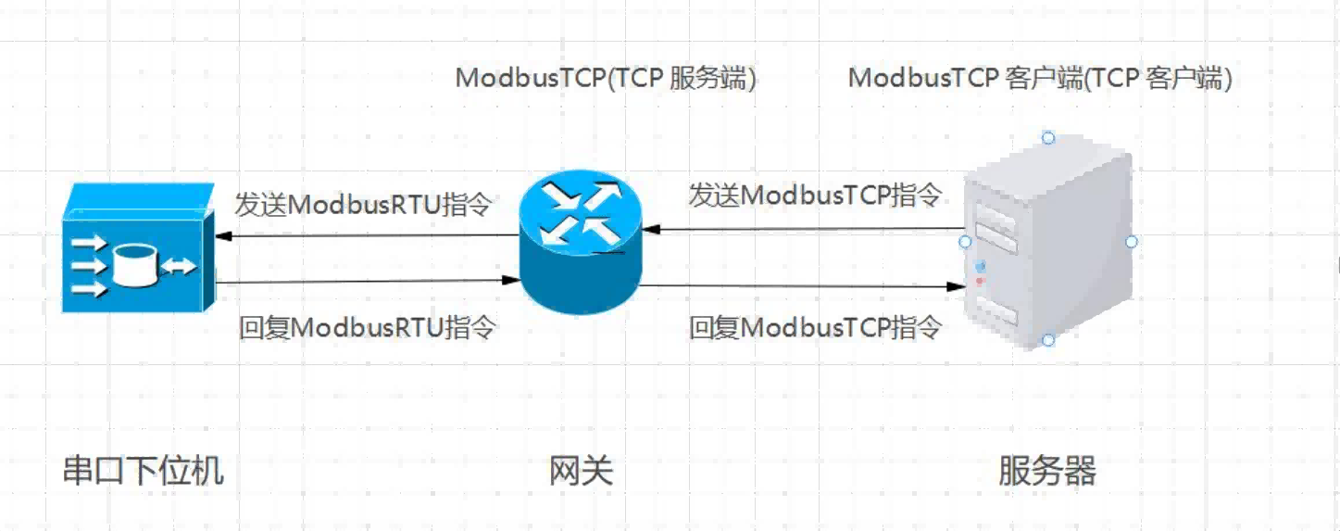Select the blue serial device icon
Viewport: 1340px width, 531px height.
tap(137, 248)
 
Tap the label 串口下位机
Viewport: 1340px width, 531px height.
tap(143, 471)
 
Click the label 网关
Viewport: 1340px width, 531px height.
tap(581, 472)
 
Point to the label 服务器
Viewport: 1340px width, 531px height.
tap(1047, 471)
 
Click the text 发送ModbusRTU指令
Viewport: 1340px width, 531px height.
tap(362, 204)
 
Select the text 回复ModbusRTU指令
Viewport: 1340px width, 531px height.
tap(368, 327)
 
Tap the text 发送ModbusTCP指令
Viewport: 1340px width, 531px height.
tap(815, 196)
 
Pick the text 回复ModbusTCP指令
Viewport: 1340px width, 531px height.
tap(815, 327)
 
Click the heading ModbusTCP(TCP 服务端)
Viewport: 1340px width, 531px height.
tap(606, 79)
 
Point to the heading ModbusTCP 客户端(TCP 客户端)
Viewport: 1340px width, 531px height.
tap(1040, 79)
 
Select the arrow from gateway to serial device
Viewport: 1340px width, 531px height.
tap(366, 235)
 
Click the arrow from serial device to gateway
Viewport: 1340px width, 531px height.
tap(366, 280)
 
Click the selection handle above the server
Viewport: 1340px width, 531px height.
tap(1048, 138)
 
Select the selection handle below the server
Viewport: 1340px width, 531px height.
tap(1048, 340)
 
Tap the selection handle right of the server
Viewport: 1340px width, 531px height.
tap(1131, 241)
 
